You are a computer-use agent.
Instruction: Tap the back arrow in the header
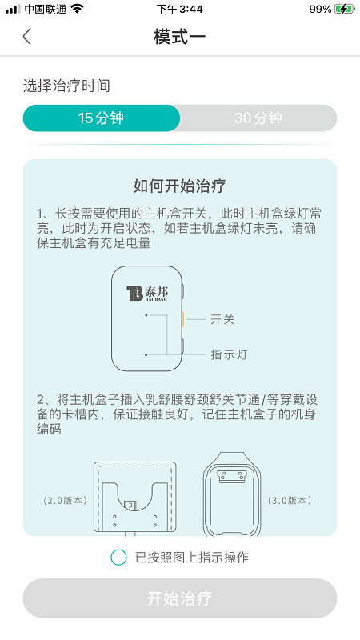pos(27,36)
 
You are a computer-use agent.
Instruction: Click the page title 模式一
pos(180,36)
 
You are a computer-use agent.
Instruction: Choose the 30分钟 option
pos(258,118)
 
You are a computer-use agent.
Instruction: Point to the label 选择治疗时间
pos(66,86)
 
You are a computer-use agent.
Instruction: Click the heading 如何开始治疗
pos(180,186)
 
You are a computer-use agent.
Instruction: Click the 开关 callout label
pos(222,319)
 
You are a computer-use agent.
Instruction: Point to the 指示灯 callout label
pos(229,354)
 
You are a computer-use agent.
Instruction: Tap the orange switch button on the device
pos(182,318)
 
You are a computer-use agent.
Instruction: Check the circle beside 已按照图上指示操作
pos(118,558)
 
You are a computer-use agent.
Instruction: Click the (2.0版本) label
pos(64,501)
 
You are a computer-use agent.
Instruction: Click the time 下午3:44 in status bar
pos(179,9)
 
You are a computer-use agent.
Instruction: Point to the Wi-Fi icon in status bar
pos(77,9)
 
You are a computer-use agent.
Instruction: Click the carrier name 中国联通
pos(45,9)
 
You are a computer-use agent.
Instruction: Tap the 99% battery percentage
pos(320,9)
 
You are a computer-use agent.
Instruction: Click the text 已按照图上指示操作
pos(191,558)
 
